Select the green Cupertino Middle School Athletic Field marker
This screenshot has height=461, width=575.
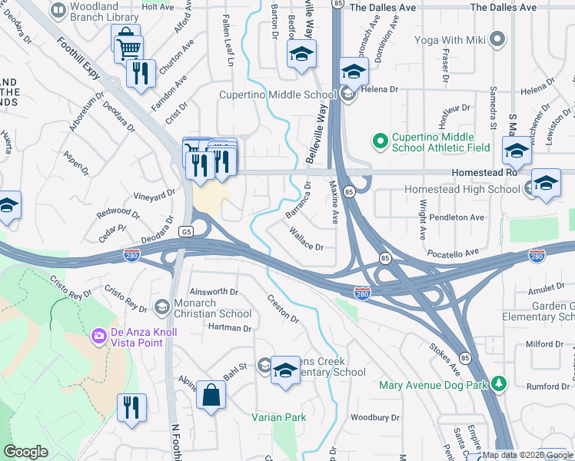379,141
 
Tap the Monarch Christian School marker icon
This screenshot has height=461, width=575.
161,307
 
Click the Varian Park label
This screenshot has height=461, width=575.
278,418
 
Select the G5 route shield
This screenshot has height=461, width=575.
186,230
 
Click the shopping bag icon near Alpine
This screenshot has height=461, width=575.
211,396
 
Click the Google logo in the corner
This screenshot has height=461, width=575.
26,452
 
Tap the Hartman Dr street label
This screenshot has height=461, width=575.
230,328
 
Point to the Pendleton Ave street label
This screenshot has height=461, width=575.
457,217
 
